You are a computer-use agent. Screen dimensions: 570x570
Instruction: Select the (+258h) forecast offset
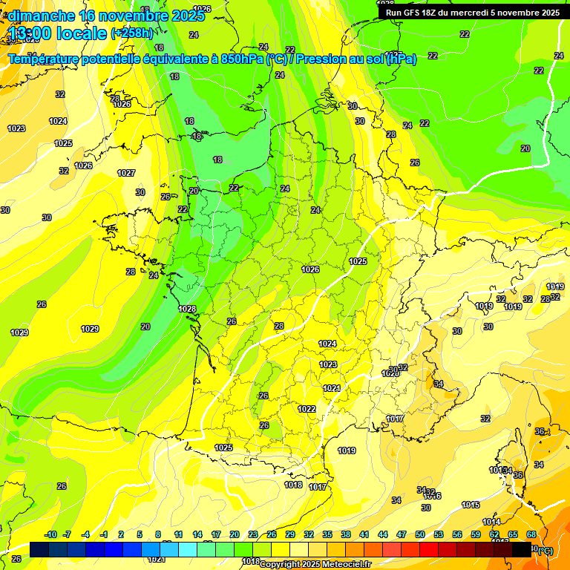click(131, 33)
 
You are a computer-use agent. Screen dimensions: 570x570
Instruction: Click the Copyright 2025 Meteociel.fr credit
click(315, 564)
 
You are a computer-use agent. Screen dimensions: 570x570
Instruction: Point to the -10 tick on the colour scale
click(50, 534)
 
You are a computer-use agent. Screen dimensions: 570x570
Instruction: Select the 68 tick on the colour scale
click(531, 534)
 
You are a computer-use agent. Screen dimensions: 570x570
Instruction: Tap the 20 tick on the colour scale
click(235, 534)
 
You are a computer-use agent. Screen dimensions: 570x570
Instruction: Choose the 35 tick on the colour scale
click(327, 534)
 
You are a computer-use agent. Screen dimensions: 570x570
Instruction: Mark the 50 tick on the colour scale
click(420, 534)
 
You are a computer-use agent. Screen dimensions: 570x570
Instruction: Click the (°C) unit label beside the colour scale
click(544, 550)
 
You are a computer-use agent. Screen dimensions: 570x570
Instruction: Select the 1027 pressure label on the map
click(126, 173)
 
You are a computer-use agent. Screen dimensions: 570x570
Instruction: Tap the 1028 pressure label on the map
click(187, 309)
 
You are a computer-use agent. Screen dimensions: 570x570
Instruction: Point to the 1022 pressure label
click(307, 409)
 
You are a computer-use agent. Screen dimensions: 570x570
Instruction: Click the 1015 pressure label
click(471, 505)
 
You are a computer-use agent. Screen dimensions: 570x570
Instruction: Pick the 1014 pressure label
click(491, 522)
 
